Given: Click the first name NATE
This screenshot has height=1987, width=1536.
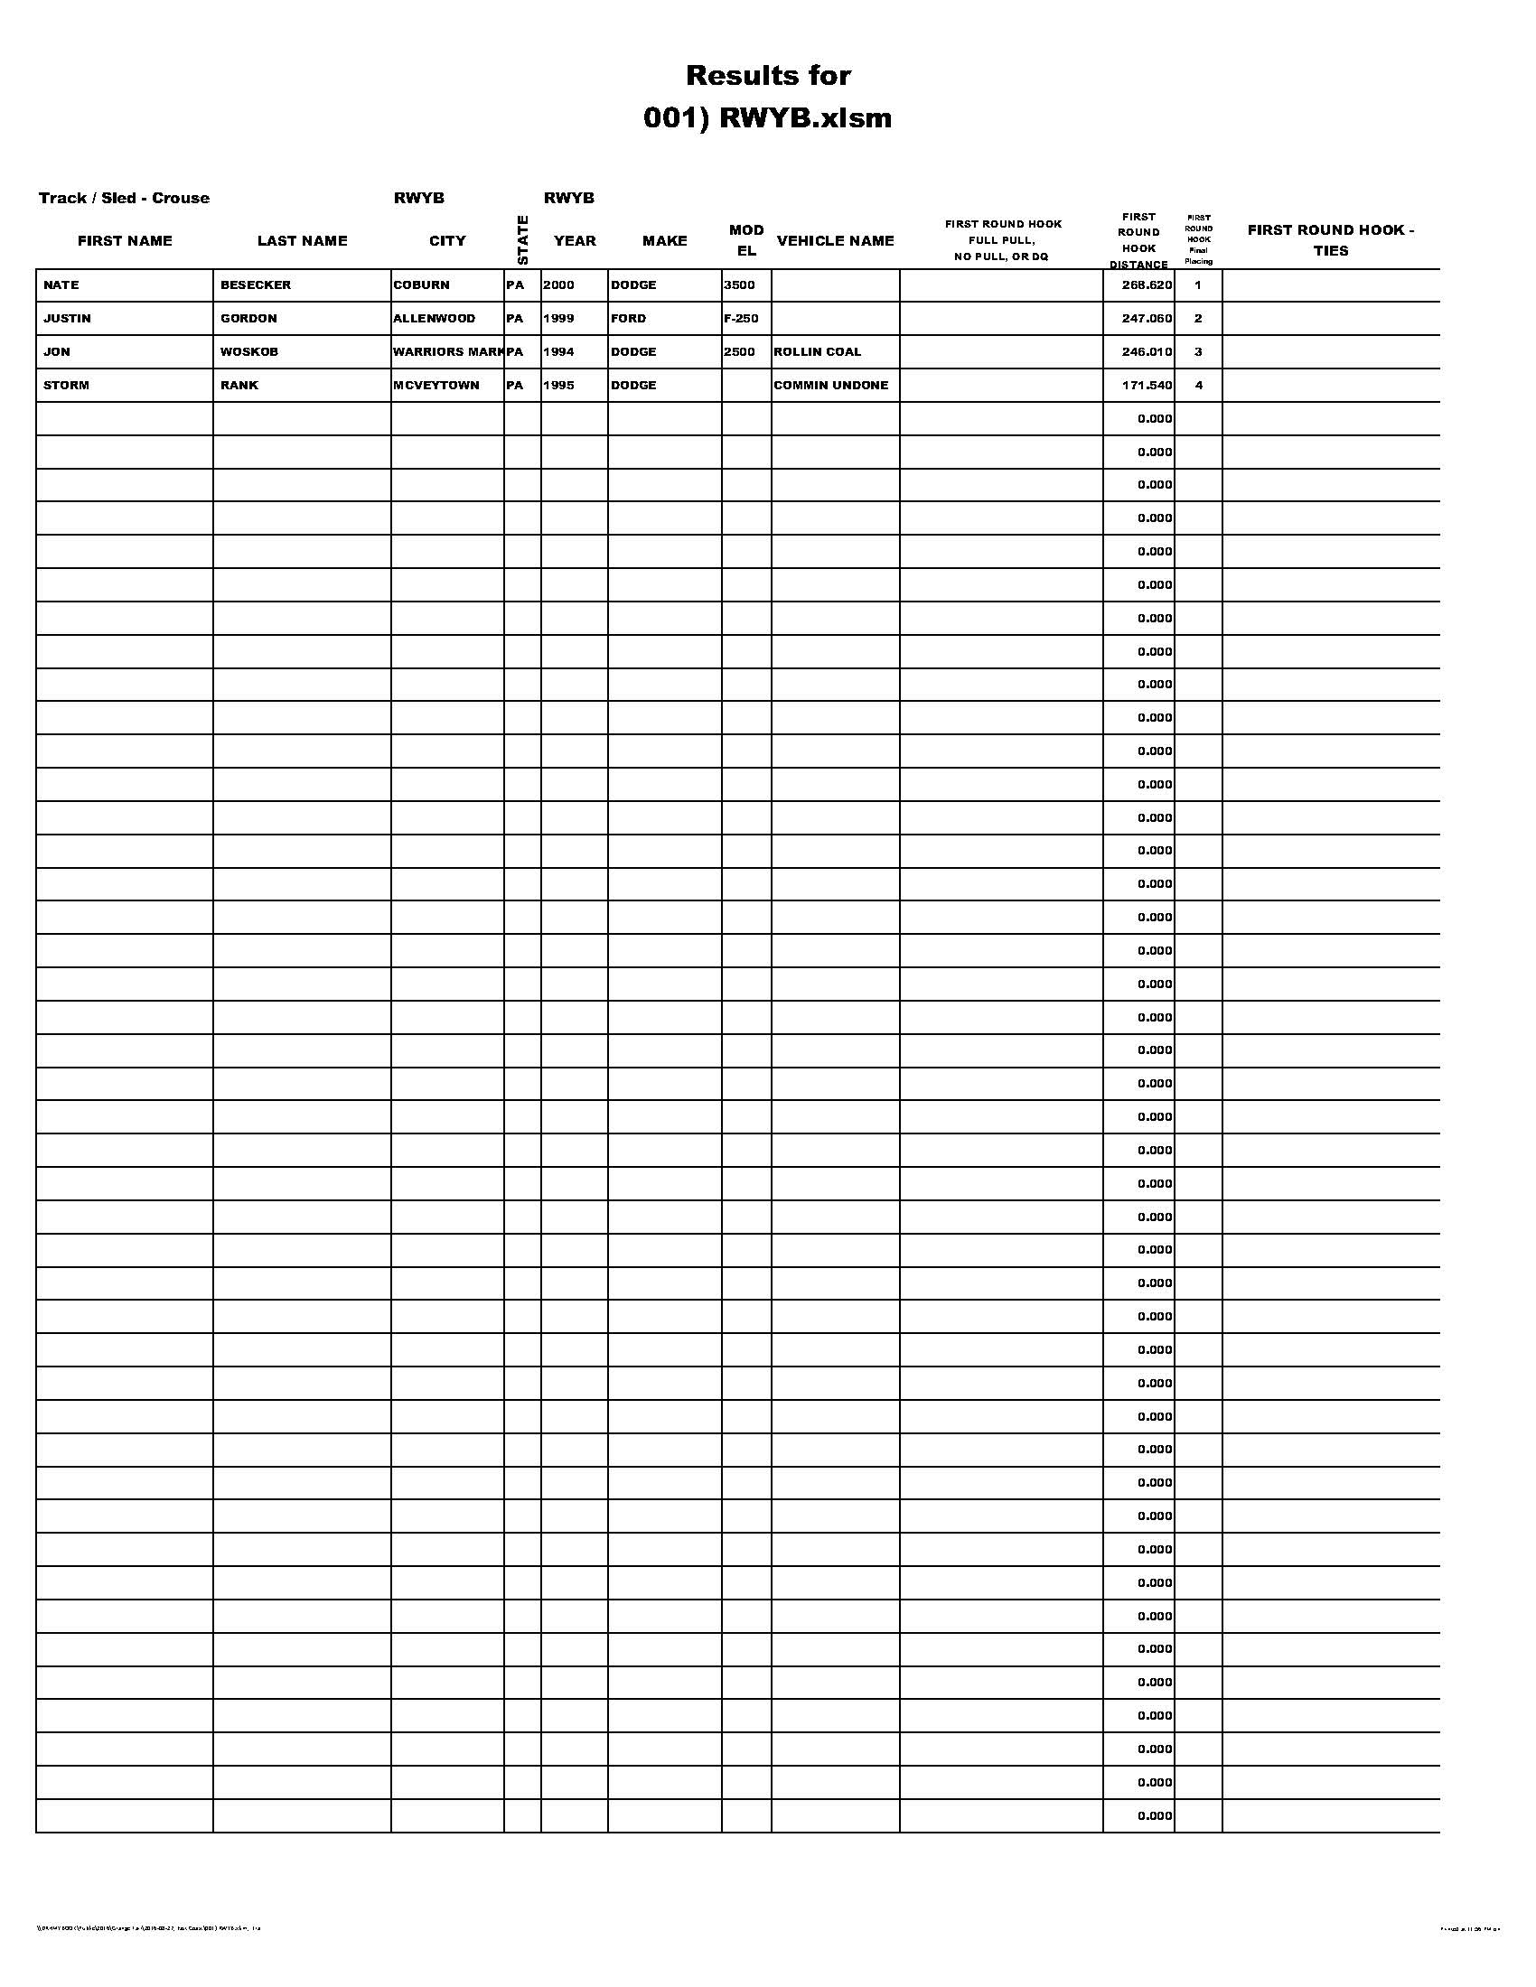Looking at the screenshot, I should coord(61,285).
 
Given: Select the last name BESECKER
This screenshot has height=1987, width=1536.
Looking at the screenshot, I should coord(256,285).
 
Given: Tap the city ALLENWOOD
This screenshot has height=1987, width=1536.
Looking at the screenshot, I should coord(434,319).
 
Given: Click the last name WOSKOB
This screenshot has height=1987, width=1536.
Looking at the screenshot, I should coord(249,351).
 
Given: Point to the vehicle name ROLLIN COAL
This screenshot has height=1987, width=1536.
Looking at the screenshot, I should coord(817,351).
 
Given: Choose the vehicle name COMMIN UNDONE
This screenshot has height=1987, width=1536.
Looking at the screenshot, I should coord(830,385).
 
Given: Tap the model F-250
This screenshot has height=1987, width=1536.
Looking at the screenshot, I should coord(741,319).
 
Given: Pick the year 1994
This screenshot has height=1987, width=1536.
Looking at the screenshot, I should coord(558,351).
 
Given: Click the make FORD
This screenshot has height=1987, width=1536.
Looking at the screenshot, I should coord(629,319).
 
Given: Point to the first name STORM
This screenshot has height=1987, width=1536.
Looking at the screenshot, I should coord(67,385).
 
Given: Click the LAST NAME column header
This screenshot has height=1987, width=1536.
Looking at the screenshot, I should coord(302,240).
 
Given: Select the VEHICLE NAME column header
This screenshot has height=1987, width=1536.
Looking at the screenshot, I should coord(836,240).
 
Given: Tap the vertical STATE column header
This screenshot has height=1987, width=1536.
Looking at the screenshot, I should coord(522,239).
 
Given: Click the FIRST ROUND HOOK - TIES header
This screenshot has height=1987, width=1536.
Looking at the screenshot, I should coord(1330,240).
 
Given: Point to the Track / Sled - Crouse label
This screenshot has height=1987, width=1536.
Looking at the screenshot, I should coord(124,199).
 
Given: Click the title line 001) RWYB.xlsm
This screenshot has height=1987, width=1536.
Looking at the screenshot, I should coord(767,118).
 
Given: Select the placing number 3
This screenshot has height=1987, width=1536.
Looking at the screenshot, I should coord(1197,351).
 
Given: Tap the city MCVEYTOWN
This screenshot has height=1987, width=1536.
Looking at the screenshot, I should coord(436,385).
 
